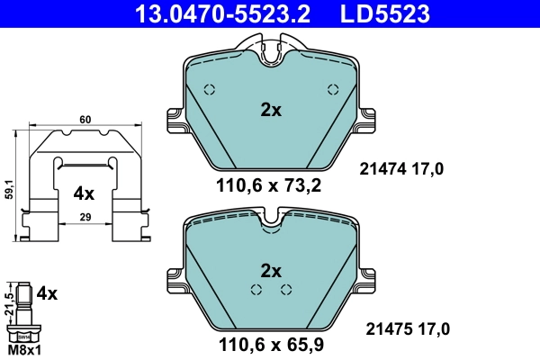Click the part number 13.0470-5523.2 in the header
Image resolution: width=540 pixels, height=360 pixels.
click(x=210, y=13)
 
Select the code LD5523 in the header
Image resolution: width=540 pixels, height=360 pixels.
click(x=384, y=13)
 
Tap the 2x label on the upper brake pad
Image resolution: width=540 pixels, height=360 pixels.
click(x=271, y=111)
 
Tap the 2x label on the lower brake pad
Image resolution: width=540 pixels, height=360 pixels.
click(x=271, y=270)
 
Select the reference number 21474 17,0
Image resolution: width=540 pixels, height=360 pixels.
click(x=402, y=167)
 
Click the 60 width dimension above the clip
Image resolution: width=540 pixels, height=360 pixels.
click(x=85, y=119)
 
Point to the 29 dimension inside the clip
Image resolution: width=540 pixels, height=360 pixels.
click(x=85, y=216)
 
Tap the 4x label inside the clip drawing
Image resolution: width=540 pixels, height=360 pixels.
click(x=84, y=193)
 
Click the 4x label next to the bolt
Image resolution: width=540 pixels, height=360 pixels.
click(x=47, y=293)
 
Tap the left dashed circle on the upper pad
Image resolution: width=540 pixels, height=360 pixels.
click(x=210, y=89)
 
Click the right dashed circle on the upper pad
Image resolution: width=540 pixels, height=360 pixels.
click(x=332, y=89)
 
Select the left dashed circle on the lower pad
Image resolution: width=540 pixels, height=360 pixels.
click(x=256, y=289)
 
